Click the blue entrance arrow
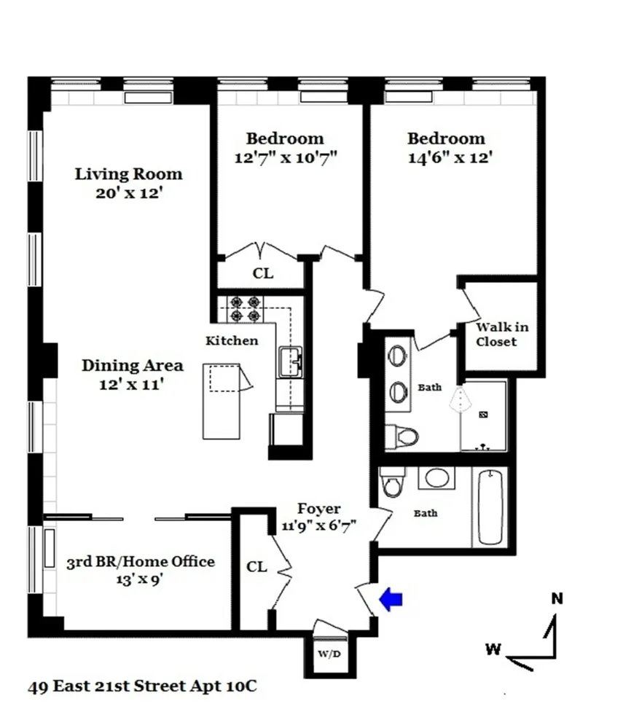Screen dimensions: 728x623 [391, 599]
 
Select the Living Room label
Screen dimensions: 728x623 [129, 175]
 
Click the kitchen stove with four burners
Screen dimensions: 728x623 [245, 309]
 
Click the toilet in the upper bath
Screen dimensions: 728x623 [403, 437]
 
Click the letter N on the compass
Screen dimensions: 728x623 [557, 600]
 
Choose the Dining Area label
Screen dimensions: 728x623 [132, 366]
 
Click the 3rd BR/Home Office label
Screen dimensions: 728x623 [141, 562]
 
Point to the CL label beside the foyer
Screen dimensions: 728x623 [256, 566]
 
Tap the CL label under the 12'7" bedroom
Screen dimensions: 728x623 [262, 274]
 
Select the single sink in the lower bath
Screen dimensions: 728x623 [437, 478]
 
